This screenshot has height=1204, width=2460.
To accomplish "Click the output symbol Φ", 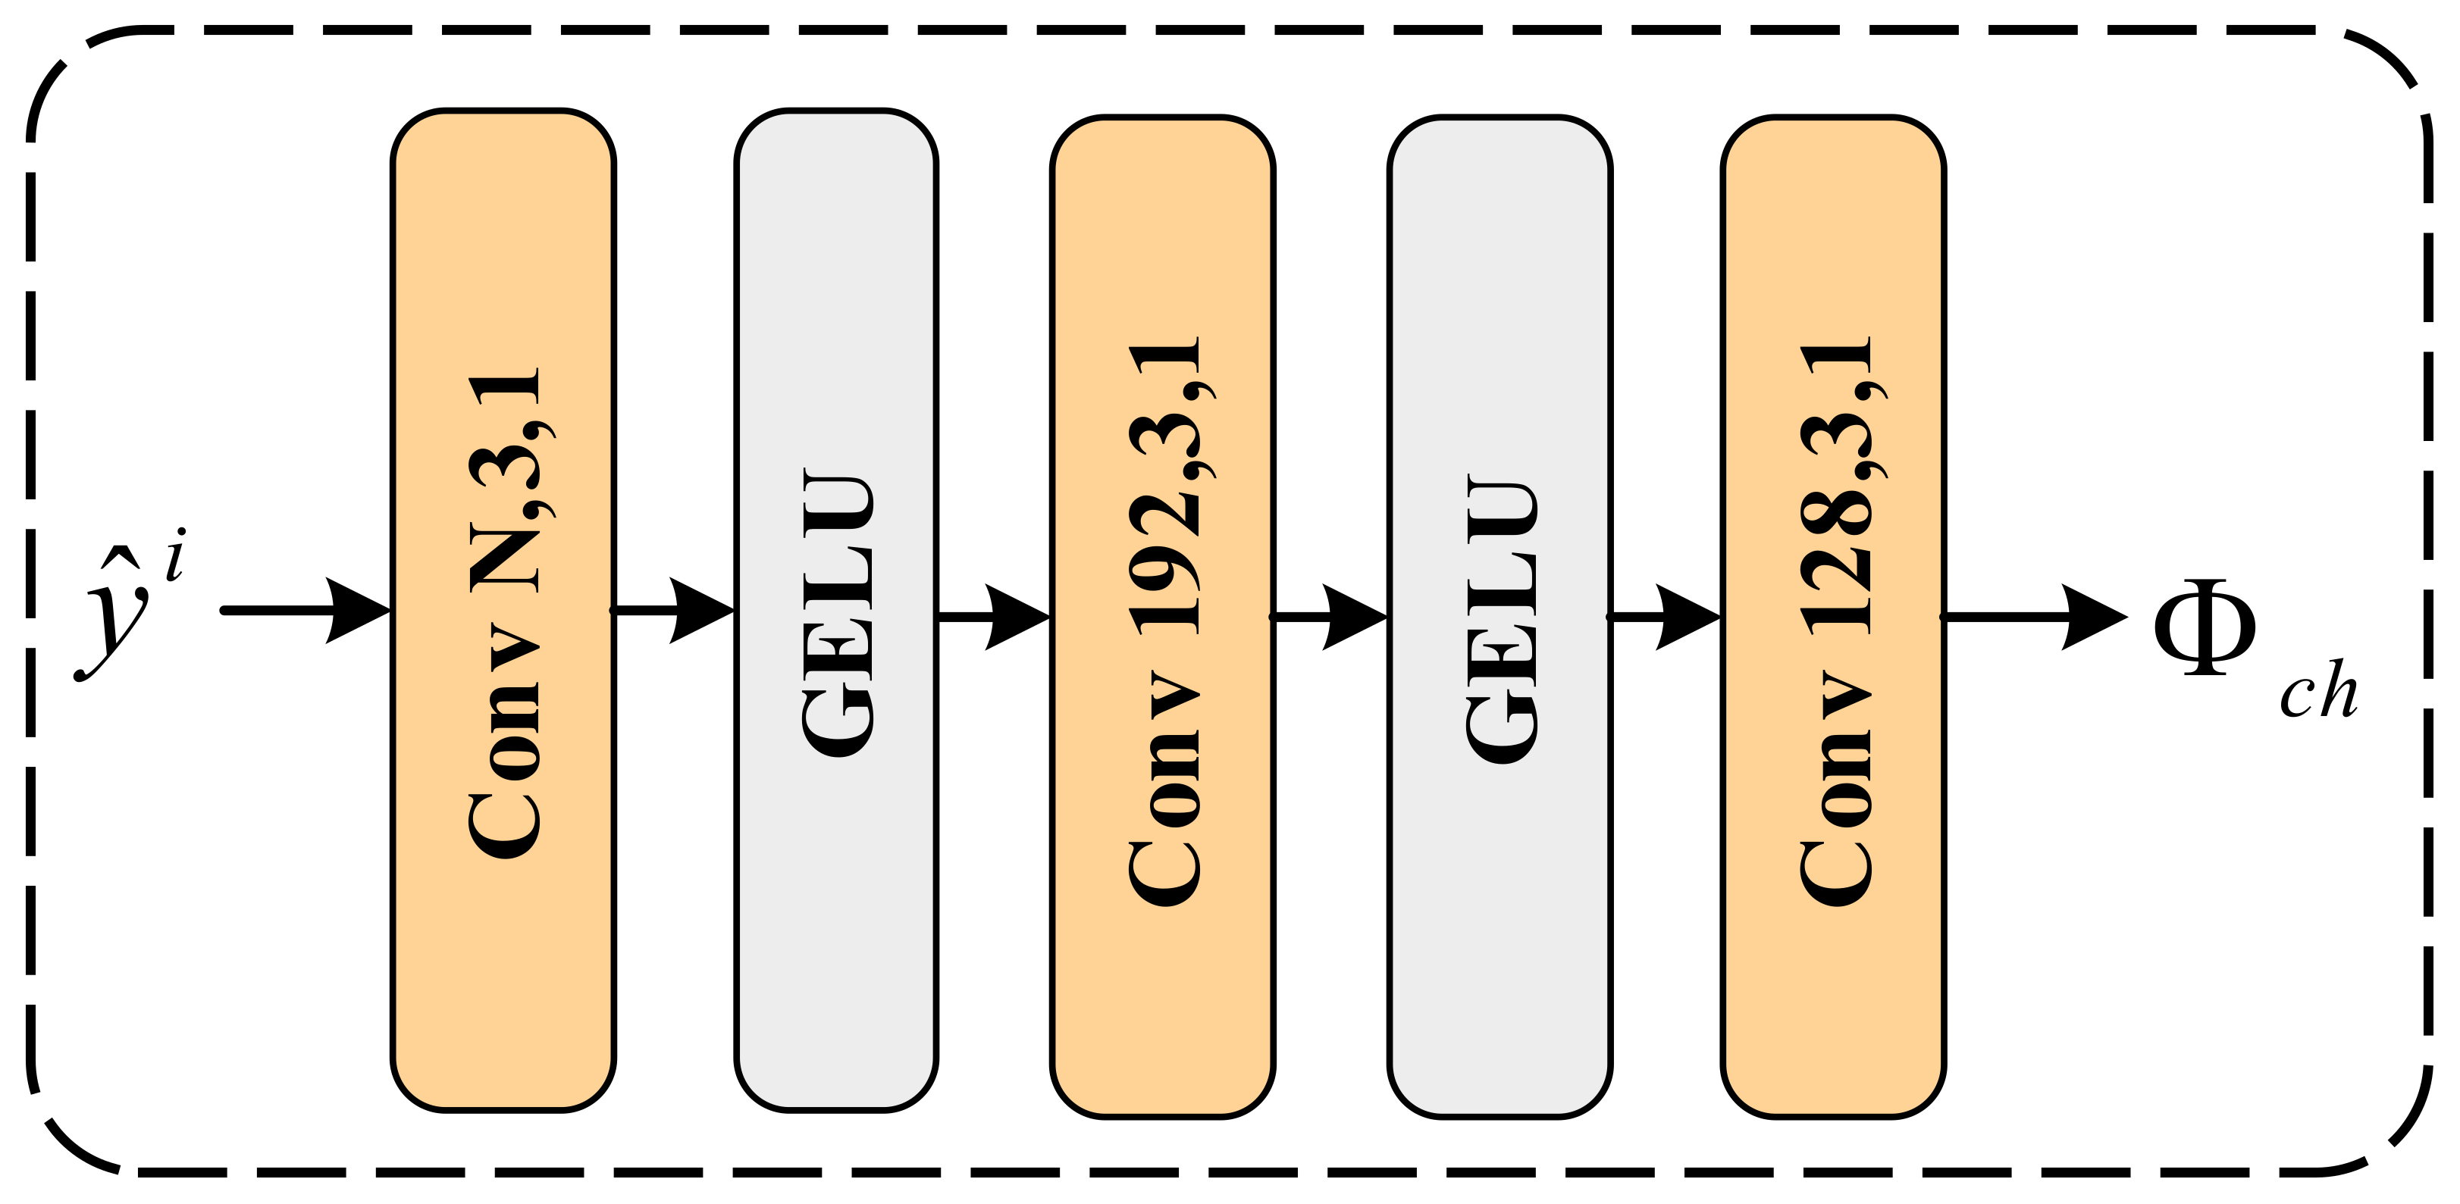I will pyautogui.click(x=2204, y=628).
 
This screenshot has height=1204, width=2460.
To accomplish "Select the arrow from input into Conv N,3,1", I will pyautogui.click(x=306, y=610).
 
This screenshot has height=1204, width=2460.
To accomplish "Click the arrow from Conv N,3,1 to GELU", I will pyautogui.click(x=674, y=610).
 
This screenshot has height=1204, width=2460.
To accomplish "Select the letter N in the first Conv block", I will pyautogui.click(x=505, y=558).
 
